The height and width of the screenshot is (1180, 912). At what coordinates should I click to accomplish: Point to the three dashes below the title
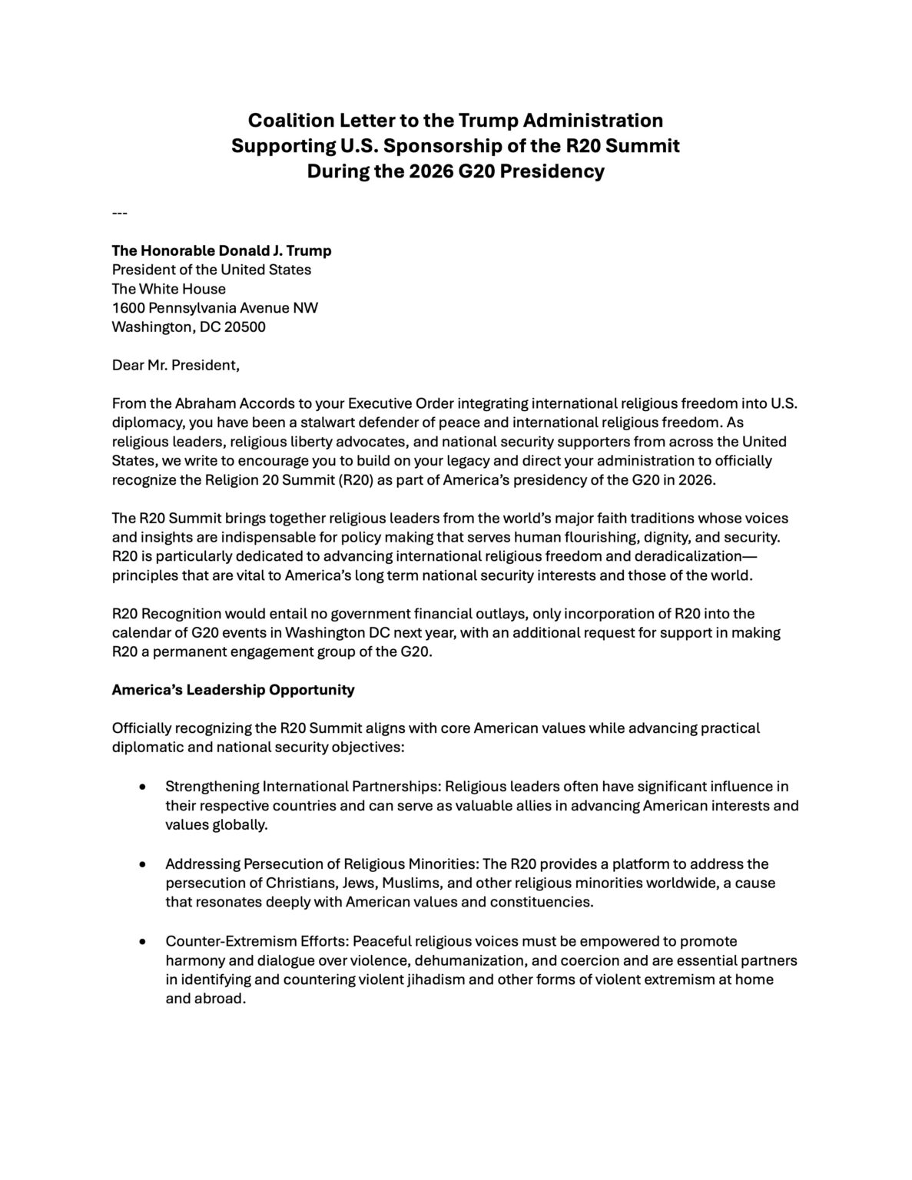click(x=119, y=213)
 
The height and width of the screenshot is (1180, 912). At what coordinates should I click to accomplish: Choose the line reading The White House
click(x=169, y=289)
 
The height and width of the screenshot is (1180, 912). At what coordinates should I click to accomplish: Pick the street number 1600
click(x=128, y=308)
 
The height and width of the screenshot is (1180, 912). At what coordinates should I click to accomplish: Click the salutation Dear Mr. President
click(x=176, y=365)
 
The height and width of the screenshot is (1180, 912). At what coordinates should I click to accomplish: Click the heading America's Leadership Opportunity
click(x=234, y=690)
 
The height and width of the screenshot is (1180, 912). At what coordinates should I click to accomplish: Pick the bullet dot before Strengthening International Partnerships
click(x=143, y=787)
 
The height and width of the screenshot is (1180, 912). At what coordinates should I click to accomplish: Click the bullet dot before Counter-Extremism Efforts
click(x=143, y=942)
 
